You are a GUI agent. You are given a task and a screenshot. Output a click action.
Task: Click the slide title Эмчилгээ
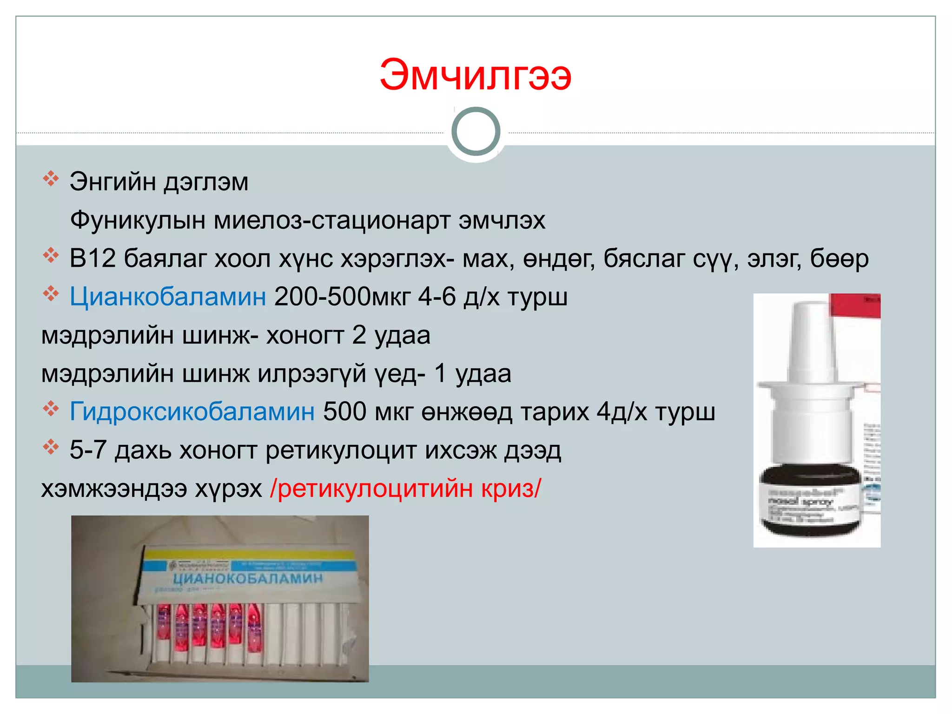tap(475, 75)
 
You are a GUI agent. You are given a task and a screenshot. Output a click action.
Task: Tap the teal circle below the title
tap(476, 132)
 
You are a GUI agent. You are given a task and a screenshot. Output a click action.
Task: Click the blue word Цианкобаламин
tap(168, 297)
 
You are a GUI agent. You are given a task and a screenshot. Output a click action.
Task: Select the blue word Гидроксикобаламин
tap(192, 412)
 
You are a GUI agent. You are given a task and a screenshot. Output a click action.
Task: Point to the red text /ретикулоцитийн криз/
tap(406, 489)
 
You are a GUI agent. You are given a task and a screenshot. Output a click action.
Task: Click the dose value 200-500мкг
tap(343, 297)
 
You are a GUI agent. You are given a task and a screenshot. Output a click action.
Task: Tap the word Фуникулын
tap(138, 220)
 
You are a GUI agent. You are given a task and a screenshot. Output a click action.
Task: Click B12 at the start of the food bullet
tap(92, 258)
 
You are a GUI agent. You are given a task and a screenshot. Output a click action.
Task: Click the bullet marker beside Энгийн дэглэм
tap(50, 178)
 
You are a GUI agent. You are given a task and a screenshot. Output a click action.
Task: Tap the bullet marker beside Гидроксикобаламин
tap(50, 409)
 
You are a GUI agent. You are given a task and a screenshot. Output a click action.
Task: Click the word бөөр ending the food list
tap(839, 258)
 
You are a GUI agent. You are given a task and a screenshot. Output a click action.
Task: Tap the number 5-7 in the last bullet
tap(88, 450)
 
